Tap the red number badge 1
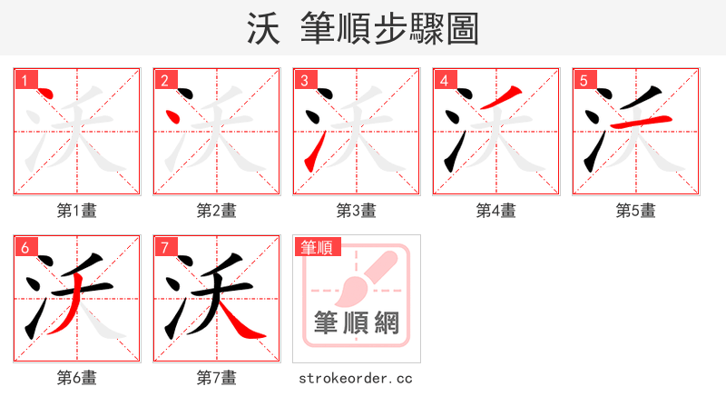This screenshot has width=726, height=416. tap(25, 81)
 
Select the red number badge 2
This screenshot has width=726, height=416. tap(164, 81)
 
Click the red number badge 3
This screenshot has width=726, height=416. tap(304, 81)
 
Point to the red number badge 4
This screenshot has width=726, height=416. tap(444, 81)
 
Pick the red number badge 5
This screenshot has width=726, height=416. tap(584, 81)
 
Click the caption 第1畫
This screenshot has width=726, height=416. tap(77, 211)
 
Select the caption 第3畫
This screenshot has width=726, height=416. tap(357, 211)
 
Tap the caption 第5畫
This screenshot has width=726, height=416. tap(636, 211)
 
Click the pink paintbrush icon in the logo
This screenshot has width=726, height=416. tap(363, 277)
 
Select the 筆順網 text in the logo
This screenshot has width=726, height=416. tap(356, 322)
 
